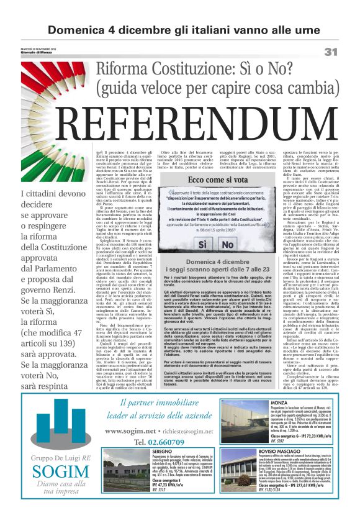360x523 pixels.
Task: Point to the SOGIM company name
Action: (52, 471)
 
